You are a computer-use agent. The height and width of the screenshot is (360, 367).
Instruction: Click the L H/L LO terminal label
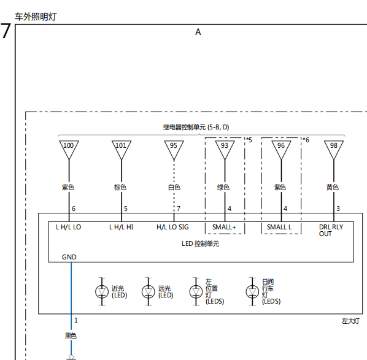(68, 227)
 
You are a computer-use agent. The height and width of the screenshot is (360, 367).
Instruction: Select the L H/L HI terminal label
(122, 227)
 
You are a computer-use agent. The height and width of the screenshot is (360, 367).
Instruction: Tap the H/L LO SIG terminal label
(172, 227)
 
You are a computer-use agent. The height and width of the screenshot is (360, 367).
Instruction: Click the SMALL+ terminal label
(224, 227)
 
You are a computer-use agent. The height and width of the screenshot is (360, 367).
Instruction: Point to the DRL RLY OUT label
(331, 231)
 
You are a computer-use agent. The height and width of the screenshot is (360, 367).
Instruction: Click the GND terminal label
(69, 257)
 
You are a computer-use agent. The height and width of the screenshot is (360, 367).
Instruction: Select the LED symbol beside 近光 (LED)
(102, 292)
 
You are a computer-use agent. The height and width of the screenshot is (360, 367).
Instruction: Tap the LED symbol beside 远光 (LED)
(148, 292)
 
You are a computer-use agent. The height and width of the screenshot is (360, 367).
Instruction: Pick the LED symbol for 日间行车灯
(252, 292)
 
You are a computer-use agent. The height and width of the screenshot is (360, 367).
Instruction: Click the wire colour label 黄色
(333, 188)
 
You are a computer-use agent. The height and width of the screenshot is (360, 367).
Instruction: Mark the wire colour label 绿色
(223, 188)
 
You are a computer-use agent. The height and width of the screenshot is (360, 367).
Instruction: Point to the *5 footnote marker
(249, 140)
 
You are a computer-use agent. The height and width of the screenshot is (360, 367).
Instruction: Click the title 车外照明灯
(36, 17)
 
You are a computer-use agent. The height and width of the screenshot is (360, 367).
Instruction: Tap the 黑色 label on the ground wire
(71, 336)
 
